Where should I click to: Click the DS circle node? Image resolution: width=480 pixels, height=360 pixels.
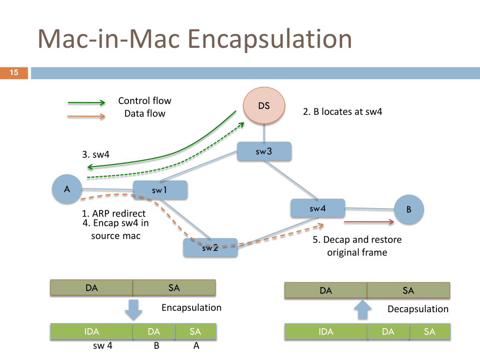coord(264,105)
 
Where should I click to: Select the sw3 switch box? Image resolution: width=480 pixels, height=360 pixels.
coord(264,151)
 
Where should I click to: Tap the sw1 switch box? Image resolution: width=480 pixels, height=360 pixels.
coord(160,190)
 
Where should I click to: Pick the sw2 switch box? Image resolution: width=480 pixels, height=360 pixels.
coord(210,247)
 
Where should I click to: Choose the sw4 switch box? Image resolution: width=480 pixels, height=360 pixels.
coord(318,209)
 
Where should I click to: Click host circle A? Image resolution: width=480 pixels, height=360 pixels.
coord(67,189)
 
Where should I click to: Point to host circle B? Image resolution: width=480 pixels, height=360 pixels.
coord(409,210)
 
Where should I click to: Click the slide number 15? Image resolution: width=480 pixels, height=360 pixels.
coord(14,73)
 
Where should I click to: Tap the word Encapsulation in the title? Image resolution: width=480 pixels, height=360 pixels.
coord(270,39)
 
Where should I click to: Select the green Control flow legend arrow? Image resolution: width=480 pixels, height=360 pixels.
coord(86,103)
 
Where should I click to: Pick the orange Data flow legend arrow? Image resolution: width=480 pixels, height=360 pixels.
coord(86,116)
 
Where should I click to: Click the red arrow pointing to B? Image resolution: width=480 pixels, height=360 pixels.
coord(369,222)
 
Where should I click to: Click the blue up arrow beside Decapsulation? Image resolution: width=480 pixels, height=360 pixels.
coord(363,309)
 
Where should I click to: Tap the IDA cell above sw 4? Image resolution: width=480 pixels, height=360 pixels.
coord(91,331)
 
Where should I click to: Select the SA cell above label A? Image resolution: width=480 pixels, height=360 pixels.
coord(195,331)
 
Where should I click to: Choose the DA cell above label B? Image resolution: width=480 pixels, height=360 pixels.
coord(154,331)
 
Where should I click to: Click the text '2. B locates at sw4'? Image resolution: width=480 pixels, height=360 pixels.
coord(343,112)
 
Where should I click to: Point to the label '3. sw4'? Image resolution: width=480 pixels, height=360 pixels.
coord(96,154)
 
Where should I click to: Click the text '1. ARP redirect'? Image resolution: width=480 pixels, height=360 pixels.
coord(113,213)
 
